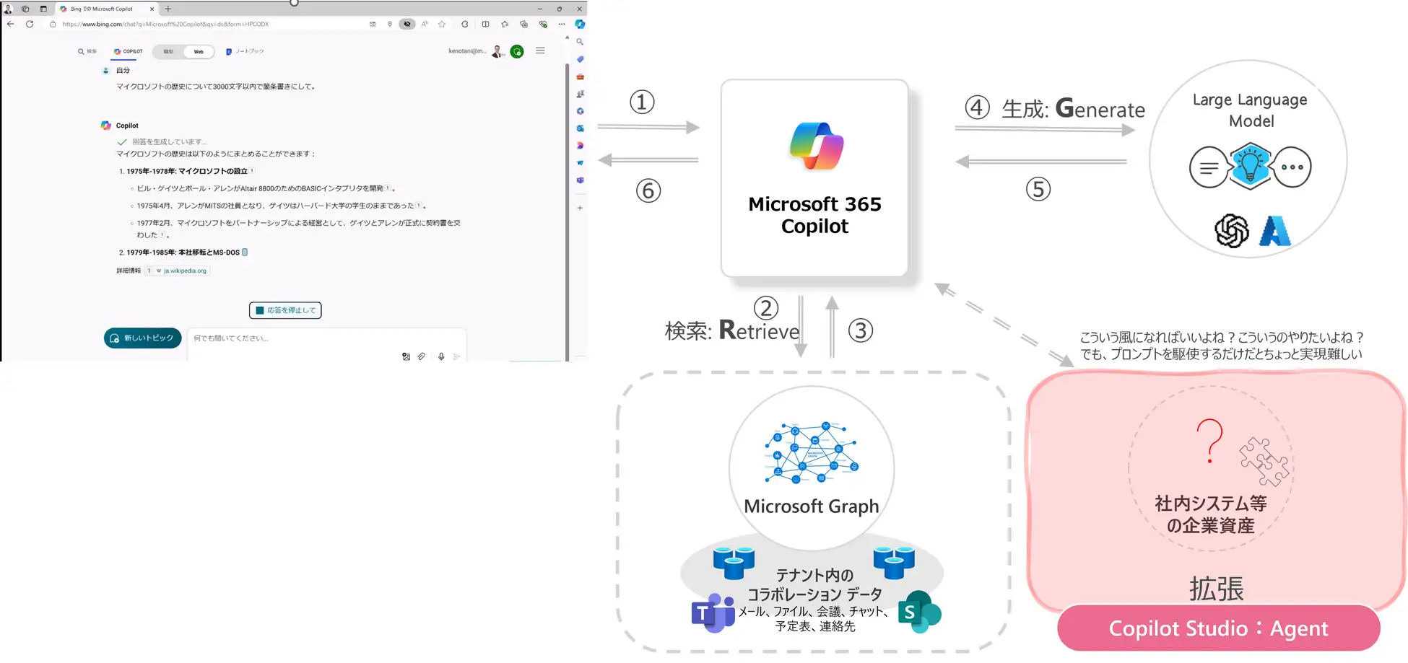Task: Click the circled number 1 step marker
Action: tap(642, 102)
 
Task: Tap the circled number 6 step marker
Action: tap(648, 191)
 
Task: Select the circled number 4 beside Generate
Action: tap(977, 107)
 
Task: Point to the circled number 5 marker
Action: tap(1038, 189)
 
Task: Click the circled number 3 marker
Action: tap(860, 330)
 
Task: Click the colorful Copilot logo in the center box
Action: tap(816, 146)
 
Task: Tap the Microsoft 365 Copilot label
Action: tap(814, 215)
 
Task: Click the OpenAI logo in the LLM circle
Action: tap(1231, 231)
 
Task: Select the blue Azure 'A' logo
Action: tap(1274, 231)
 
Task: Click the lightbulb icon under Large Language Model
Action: tap(1250, 166)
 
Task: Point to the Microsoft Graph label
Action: tap(812, 506)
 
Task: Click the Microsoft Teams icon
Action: tap(713, 613)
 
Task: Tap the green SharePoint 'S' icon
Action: tap(918, 612)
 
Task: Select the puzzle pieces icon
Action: tap(1264, 461)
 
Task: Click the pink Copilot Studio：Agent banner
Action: tap(1218, 628)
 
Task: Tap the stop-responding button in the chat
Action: tap(285, 310)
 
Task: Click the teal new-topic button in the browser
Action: tap(142, 338)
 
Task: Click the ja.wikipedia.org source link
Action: tap(185, 271)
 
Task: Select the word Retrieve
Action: tap(760, 330)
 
